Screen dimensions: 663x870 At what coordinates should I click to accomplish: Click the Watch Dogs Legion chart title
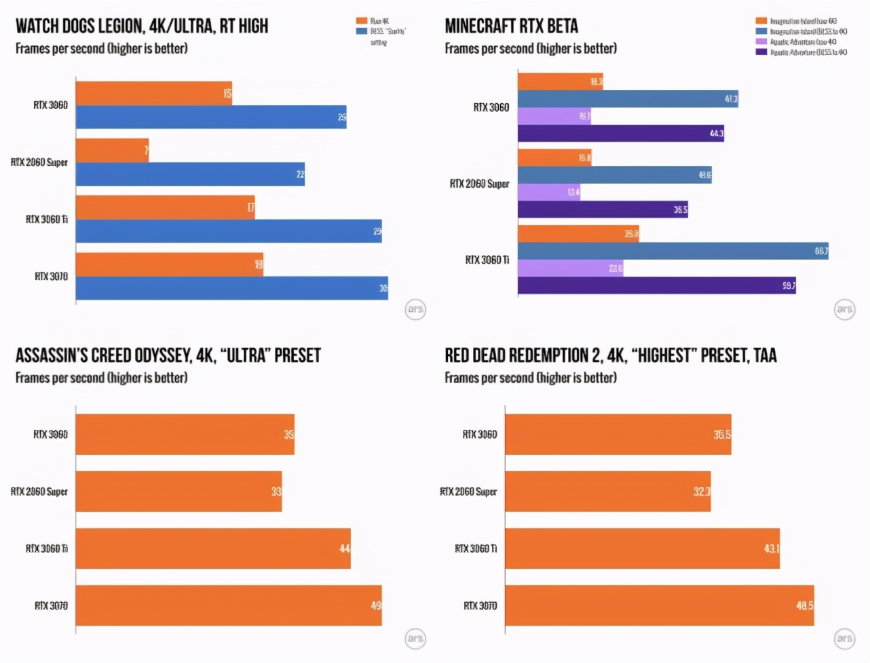pyautogui.click(x=142, y=26)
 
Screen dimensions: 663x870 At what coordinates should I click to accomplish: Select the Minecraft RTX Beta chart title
pyautogui.click(x=511, y=26)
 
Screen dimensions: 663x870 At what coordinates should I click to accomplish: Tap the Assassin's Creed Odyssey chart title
pyautogui.click(x=168, y=355)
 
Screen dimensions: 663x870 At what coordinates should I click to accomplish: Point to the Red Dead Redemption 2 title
pyautogui.click(x=610, y=355)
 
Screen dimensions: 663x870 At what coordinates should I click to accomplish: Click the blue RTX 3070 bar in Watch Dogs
pyautogui.click(x=231, y=288)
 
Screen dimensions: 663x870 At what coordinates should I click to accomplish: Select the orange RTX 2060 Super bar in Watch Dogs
pyautogui.click(x=112, y=150)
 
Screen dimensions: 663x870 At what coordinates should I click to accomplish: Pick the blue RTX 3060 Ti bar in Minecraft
pyautogui.click(x=673, y=251)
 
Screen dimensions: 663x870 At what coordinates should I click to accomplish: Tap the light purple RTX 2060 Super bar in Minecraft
pyautogui.click(x=548, y=193)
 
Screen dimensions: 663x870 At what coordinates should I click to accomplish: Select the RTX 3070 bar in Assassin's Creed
pyautogui.click(x=228, y=605)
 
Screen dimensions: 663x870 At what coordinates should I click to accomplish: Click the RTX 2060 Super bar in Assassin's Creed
pyautogui.click(x=178, y=491)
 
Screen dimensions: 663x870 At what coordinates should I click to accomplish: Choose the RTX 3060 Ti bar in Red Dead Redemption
pyautogui.click(x=642, y=548)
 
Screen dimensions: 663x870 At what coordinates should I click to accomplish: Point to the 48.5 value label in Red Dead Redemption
pyautogui.click(x=804, y=605)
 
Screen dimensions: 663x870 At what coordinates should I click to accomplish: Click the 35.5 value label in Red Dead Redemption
pyautogui.click(x=721, y=435)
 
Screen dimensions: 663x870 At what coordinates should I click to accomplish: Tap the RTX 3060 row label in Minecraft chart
pyautogui.click(x=491, y=107)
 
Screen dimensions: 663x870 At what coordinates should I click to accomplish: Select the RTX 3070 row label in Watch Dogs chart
pyautogui.click(x=51, y=276)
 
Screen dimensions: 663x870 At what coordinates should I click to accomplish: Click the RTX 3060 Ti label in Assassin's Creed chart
pyautogui.click(x=46, y=548)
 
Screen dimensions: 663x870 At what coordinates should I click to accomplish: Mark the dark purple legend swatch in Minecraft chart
pyautogui.click(x=761, y=52)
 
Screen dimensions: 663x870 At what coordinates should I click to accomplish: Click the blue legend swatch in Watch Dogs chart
pyautogui.click(x=362, y=31)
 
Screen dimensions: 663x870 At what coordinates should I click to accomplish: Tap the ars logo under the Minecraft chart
pyautogui.click(x=844, y=310)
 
